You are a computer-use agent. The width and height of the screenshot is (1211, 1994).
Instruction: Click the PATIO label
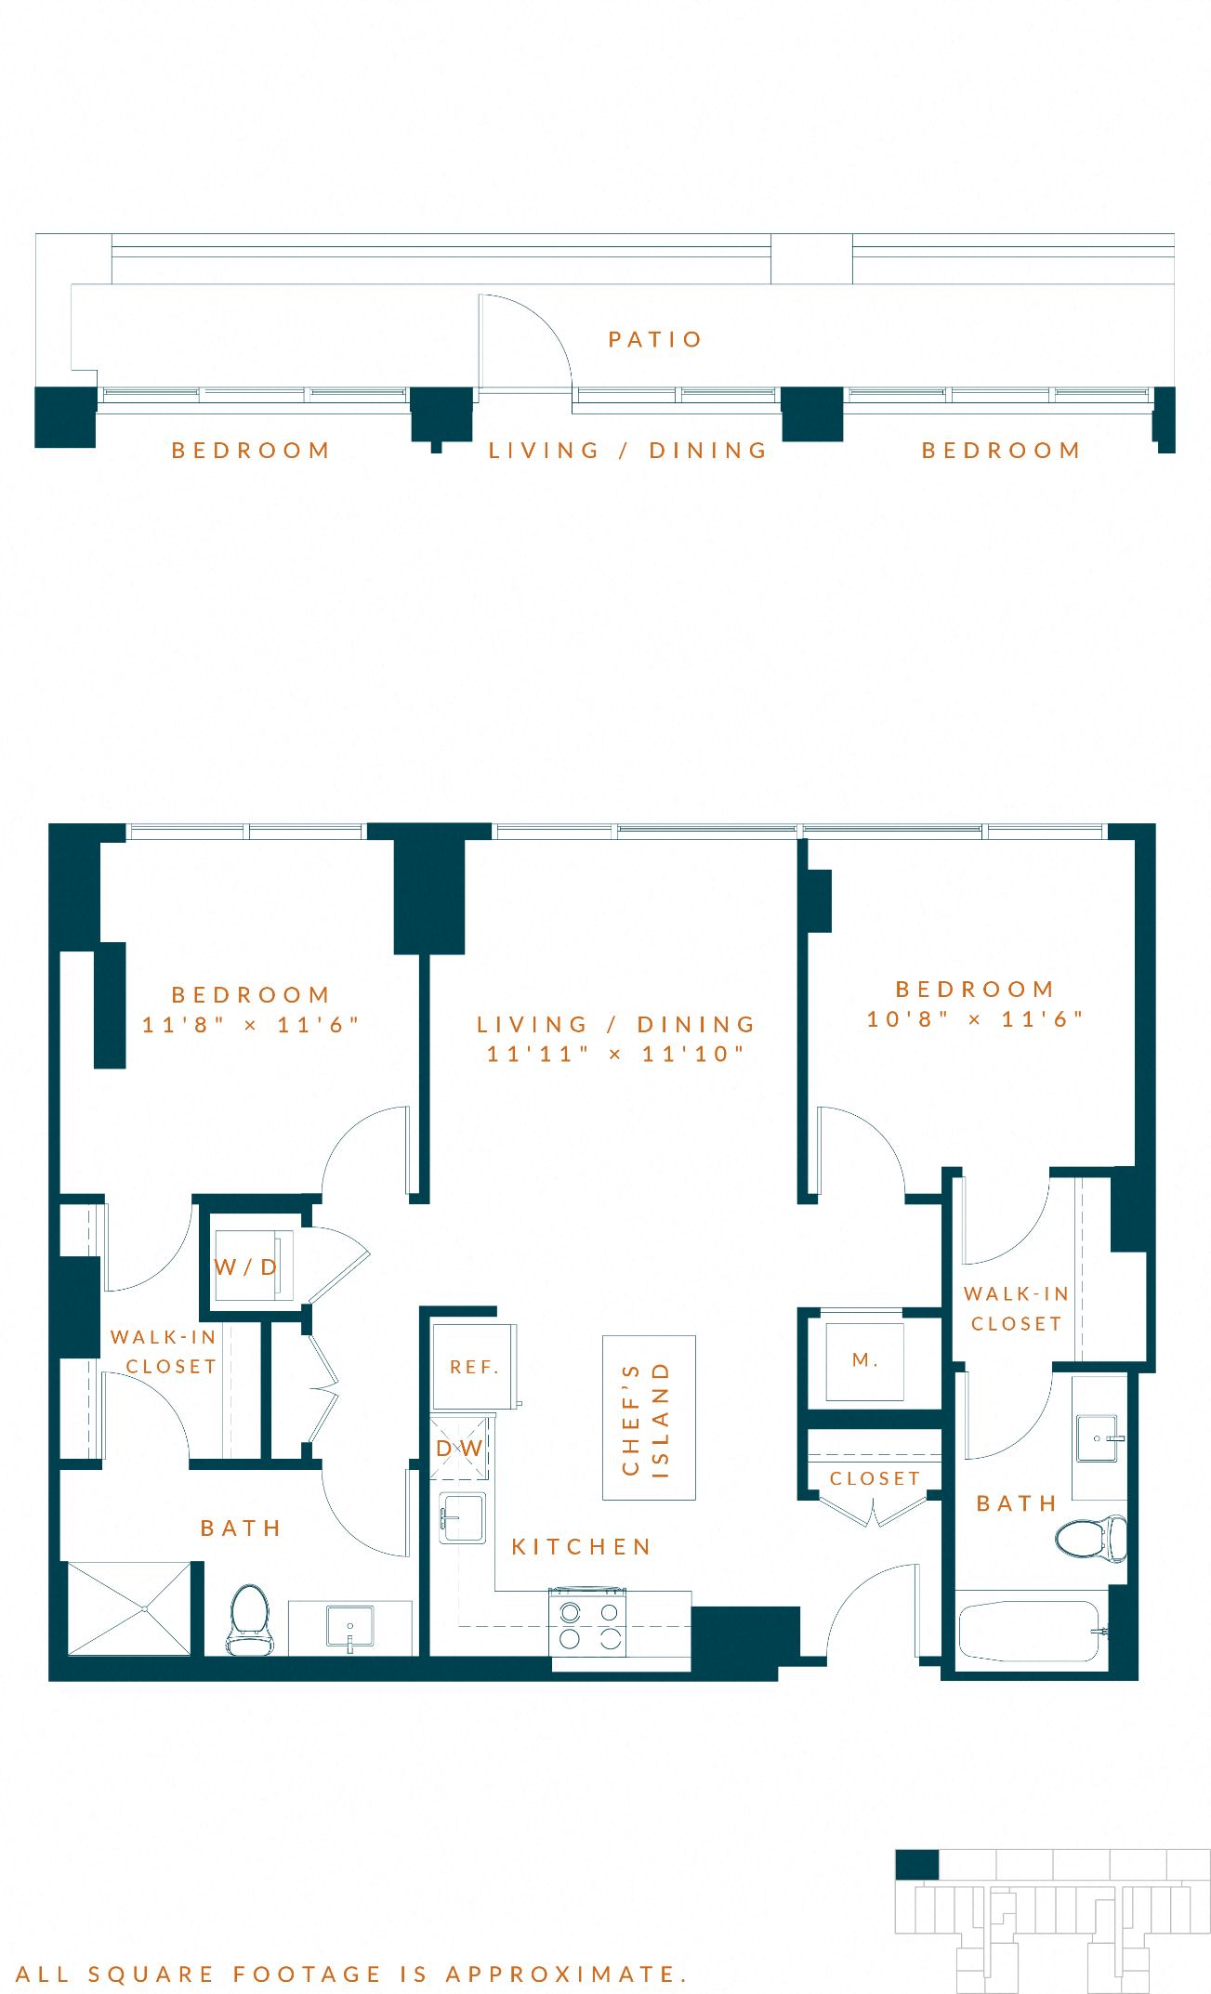click(x=655, y=339)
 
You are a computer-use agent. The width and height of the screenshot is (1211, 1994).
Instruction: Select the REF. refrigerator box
click(x=475, y=1367)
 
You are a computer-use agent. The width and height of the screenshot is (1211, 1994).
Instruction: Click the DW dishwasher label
click(x=460, y=1449)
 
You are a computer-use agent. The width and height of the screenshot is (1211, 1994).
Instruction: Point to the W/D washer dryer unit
click(x=247, y=1266)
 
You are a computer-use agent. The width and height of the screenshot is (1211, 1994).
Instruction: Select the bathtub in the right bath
click(x=1033, y=1631)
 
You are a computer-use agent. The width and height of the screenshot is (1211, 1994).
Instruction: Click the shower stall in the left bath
click(x=128, y=1607)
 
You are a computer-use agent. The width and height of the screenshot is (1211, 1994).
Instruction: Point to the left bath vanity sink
click(x=350, y=1629)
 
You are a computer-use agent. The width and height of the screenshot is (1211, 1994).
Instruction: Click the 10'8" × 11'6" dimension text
click(x=976, y=1018)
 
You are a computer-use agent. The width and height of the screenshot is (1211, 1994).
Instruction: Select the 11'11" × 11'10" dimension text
click(x=617, y=1054)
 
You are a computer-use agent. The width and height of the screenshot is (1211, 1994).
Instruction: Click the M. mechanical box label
click(x=865, y=1360)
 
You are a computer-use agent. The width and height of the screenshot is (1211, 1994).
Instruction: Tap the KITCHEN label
click(x=582, y=1546)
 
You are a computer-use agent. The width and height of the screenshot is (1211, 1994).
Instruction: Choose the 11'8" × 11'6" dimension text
click(x=251, y=1024)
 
